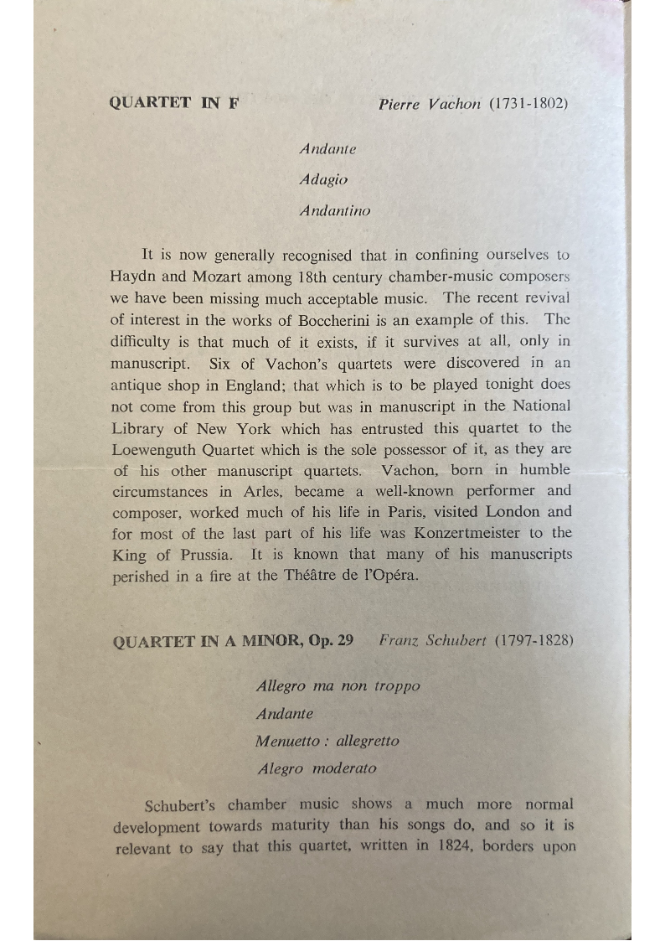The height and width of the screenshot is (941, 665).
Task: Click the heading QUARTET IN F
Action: point(174,104)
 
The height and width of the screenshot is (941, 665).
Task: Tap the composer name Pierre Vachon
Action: point(429,105)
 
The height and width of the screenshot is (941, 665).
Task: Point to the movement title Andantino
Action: point(334,210)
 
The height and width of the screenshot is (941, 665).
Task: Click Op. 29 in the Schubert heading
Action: point(331,641)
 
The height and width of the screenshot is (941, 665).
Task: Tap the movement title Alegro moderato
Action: point(317,768)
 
